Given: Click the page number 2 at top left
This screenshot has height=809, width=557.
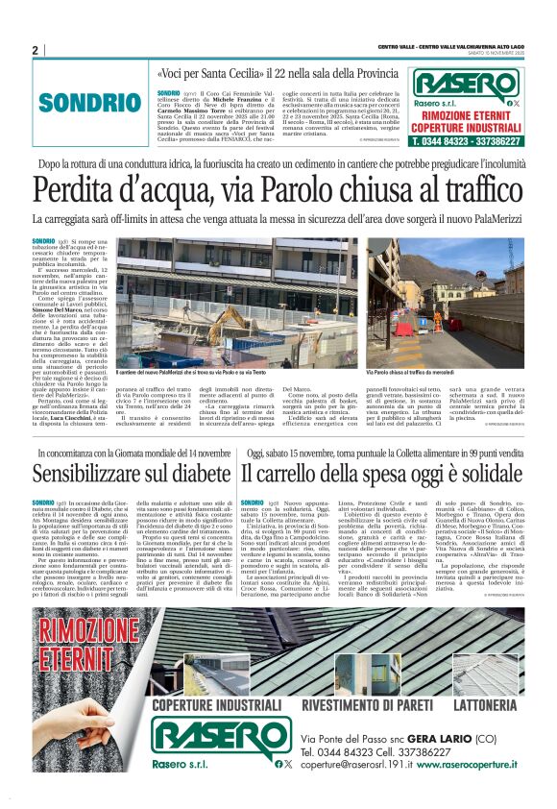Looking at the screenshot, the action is coord(35,50).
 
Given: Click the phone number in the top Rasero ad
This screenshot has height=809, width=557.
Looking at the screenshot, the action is coord(468,140).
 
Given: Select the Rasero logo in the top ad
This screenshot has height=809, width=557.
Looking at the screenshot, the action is coord(466,83).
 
